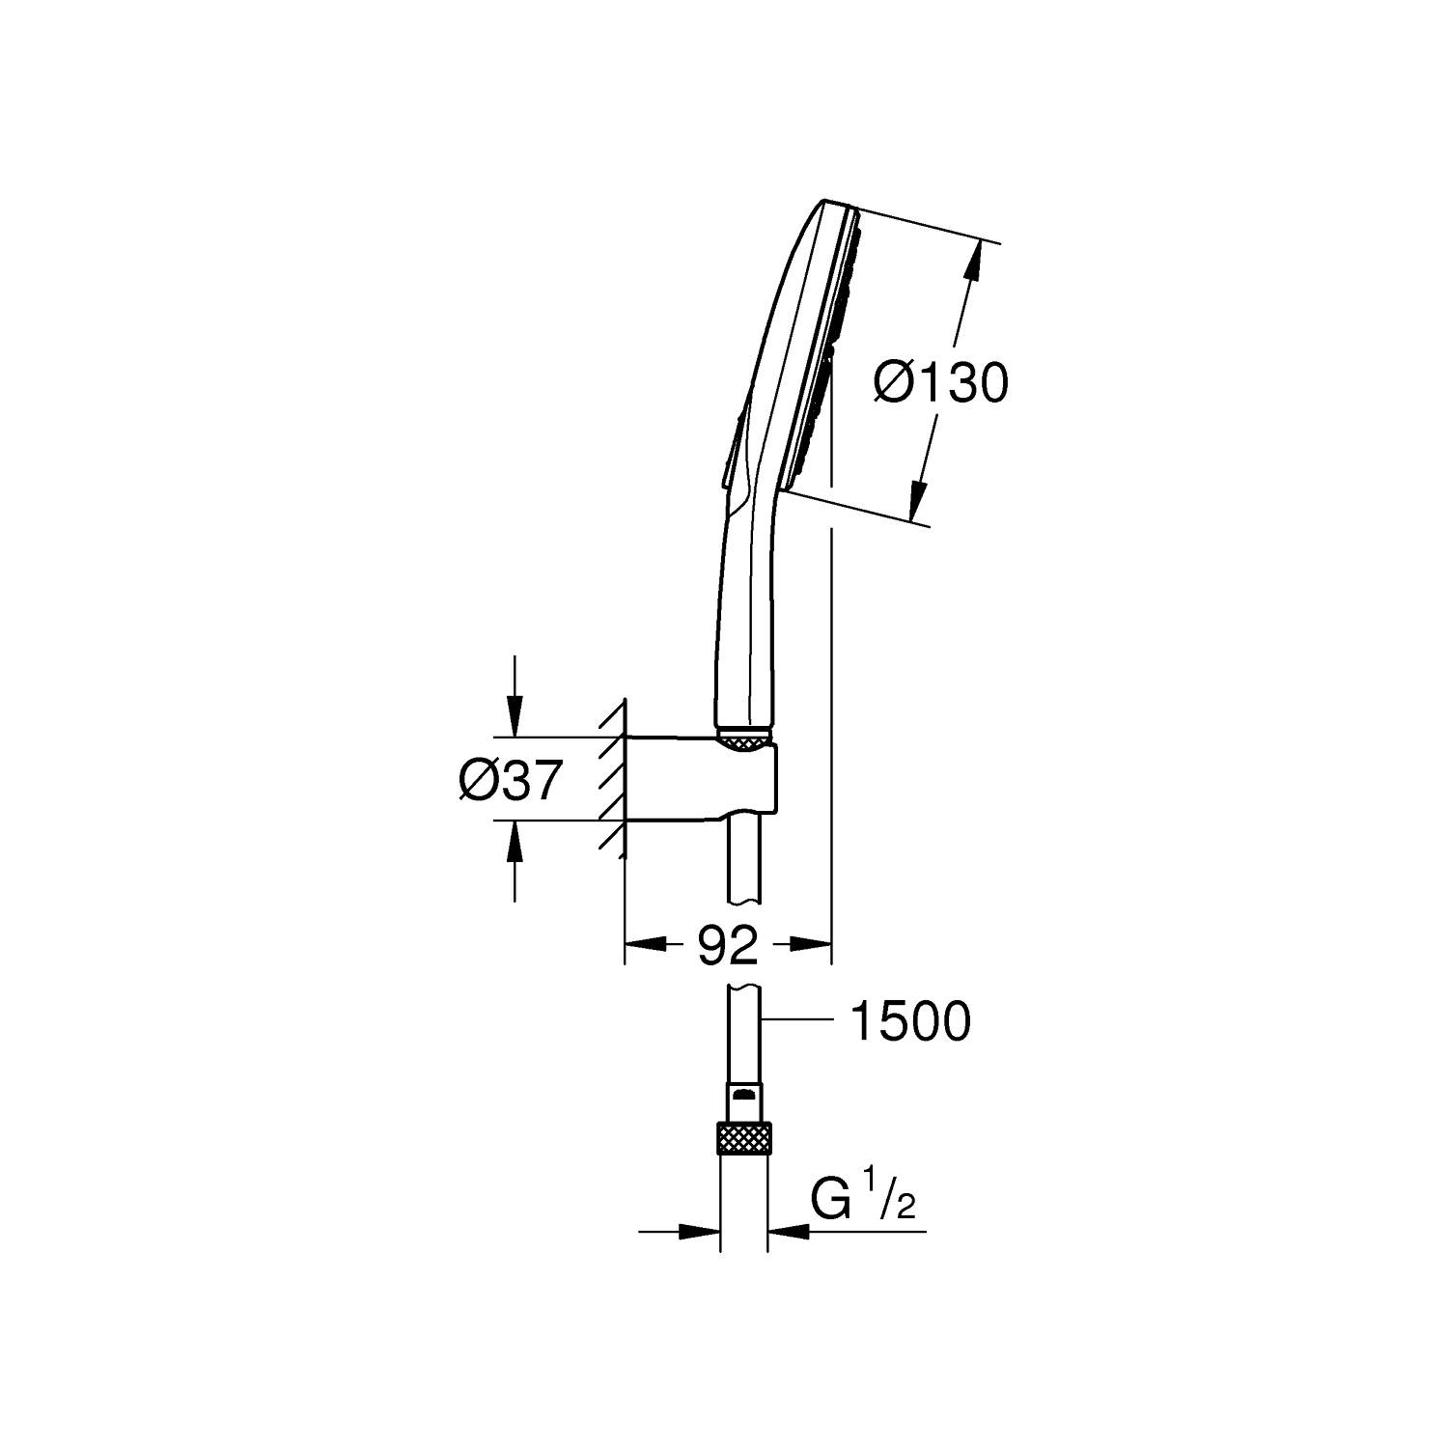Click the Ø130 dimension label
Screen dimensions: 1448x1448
pyautogui.click(x=940, y=383)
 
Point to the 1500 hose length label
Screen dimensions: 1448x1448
pyautogui.click(x=908, y=1020)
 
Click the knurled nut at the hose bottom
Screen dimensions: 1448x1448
pyautogui.click(x=744, y=1138)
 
